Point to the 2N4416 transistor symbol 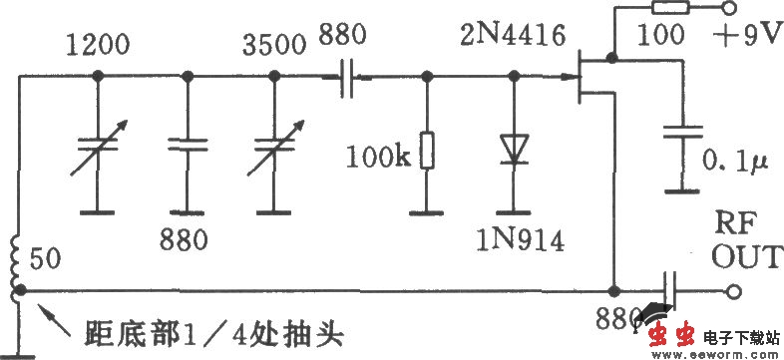point(589,83)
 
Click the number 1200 point(98,45)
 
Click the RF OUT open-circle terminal point(735,291)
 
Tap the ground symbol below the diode point(515,211)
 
